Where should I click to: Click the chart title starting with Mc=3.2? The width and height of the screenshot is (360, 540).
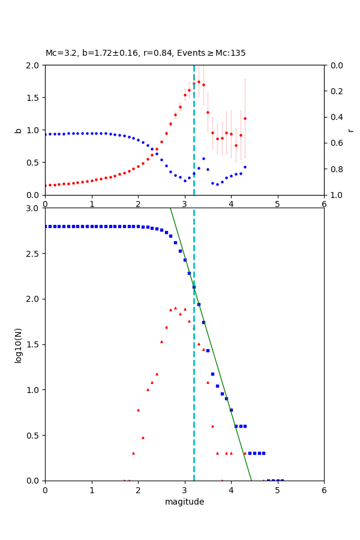[x=145, y=53]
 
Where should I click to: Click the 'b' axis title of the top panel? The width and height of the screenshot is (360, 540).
[x=18, y=130]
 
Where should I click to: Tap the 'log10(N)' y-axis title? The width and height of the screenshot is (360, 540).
[x=18, y=344]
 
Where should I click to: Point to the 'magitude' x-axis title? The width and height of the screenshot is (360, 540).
[x=184, y=502]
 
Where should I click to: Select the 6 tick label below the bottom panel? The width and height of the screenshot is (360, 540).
[x=324, y=490]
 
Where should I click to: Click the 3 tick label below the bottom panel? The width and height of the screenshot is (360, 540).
[x=184, y=490]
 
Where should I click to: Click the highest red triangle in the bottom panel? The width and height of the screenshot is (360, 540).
[x=175, y=308]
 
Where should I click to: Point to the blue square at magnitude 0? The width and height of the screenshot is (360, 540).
[x=45, y=226]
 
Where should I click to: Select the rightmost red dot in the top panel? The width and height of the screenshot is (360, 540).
[x=245, y=118]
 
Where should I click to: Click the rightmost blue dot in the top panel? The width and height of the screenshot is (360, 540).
[x=245, y=167]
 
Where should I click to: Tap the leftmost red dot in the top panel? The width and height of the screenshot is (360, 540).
[x=45, y=185]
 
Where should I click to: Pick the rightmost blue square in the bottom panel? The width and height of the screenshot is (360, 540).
[x=282, y=480]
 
